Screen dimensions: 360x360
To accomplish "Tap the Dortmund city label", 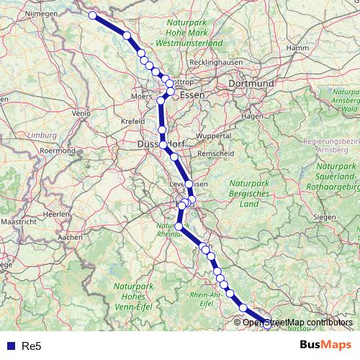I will (x=251, y=84).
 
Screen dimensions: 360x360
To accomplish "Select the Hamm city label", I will (x=297, y=48).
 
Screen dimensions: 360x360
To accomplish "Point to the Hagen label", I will (x=252, y=115).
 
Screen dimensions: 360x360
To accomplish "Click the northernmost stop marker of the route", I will (x=92, y=15).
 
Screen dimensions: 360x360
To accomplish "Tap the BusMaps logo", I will (x=325, y=345).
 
